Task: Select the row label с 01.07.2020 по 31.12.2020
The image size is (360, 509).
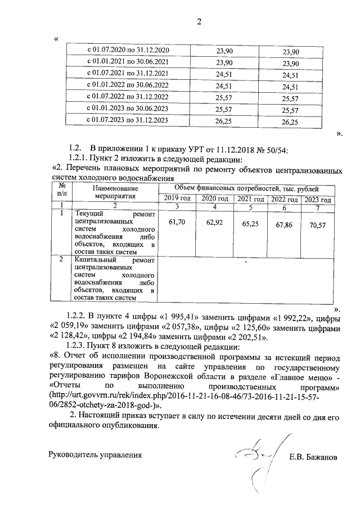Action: pyautogui.click(x=127, y=51)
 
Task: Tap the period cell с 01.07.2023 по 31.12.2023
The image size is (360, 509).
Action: pyautogui.click(x=127, y=120)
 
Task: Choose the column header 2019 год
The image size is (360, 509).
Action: pyautogui.click(x=177, y=200)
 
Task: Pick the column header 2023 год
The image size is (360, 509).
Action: pyautogui.click(x=318, y=200)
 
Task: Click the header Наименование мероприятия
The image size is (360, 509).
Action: pyautogui.click(x=115, y=193)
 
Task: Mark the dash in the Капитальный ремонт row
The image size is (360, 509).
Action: pyautogui.click(x=246, y=262)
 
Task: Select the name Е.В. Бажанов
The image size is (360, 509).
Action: pyautogui.click(x=313, y=457)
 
